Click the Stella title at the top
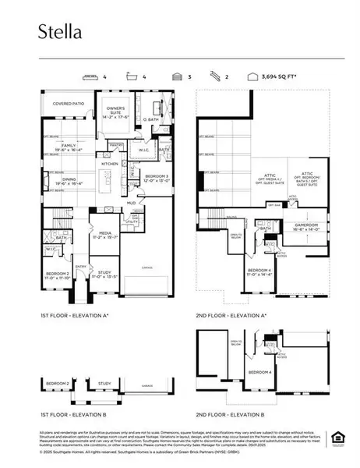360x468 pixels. [60, 32]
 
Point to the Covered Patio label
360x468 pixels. [69, 103]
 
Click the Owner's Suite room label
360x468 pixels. [115, 109]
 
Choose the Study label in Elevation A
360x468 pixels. [103, 274]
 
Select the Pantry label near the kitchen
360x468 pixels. [116, 144]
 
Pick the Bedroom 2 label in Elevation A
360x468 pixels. [57, 274]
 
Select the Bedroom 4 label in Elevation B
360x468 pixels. [259, 372]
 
